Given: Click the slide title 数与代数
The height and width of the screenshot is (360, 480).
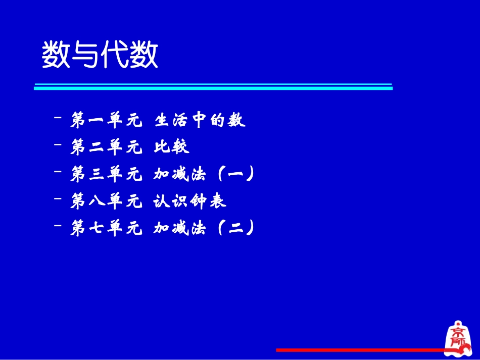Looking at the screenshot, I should (100, 55).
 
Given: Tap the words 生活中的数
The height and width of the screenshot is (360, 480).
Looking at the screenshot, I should (200, 120).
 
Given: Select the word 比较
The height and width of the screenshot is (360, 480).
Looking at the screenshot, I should (172, 147).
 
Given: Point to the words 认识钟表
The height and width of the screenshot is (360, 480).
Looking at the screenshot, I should (190, 201).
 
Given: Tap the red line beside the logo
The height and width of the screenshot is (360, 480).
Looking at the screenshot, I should (359, 349).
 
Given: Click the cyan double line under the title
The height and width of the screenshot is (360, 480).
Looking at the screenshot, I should (213, 86).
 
